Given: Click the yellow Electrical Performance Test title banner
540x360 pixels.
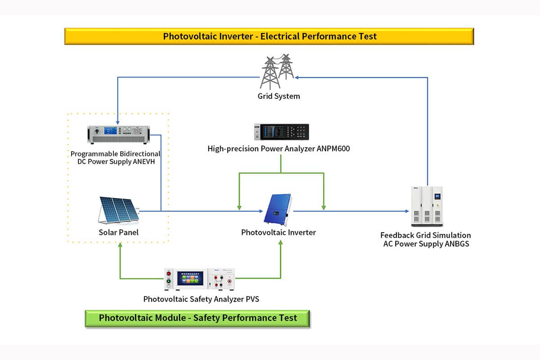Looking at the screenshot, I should click(x=269, y=36).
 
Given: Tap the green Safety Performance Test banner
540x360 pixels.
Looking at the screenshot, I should click(x=198, y=318).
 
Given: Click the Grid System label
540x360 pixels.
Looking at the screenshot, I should click(x=279, y=96).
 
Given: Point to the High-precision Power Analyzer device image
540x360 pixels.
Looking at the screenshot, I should click(x=281, y=132).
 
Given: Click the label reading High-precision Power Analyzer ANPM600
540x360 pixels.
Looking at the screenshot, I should click(x=279, y=148).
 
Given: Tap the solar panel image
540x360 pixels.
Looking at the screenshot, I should click(x=118, y=210).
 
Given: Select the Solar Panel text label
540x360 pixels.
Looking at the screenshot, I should click(x=119, y=233).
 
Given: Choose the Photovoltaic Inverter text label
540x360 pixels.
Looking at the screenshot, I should click(x=279, y=233).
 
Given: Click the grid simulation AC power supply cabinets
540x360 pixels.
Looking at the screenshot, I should click(x=427, y=207).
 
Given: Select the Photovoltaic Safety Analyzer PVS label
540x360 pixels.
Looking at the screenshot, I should click(x=201, y=299).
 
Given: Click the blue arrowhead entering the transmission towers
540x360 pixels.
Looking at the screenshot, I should click(x=297, y=77).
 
